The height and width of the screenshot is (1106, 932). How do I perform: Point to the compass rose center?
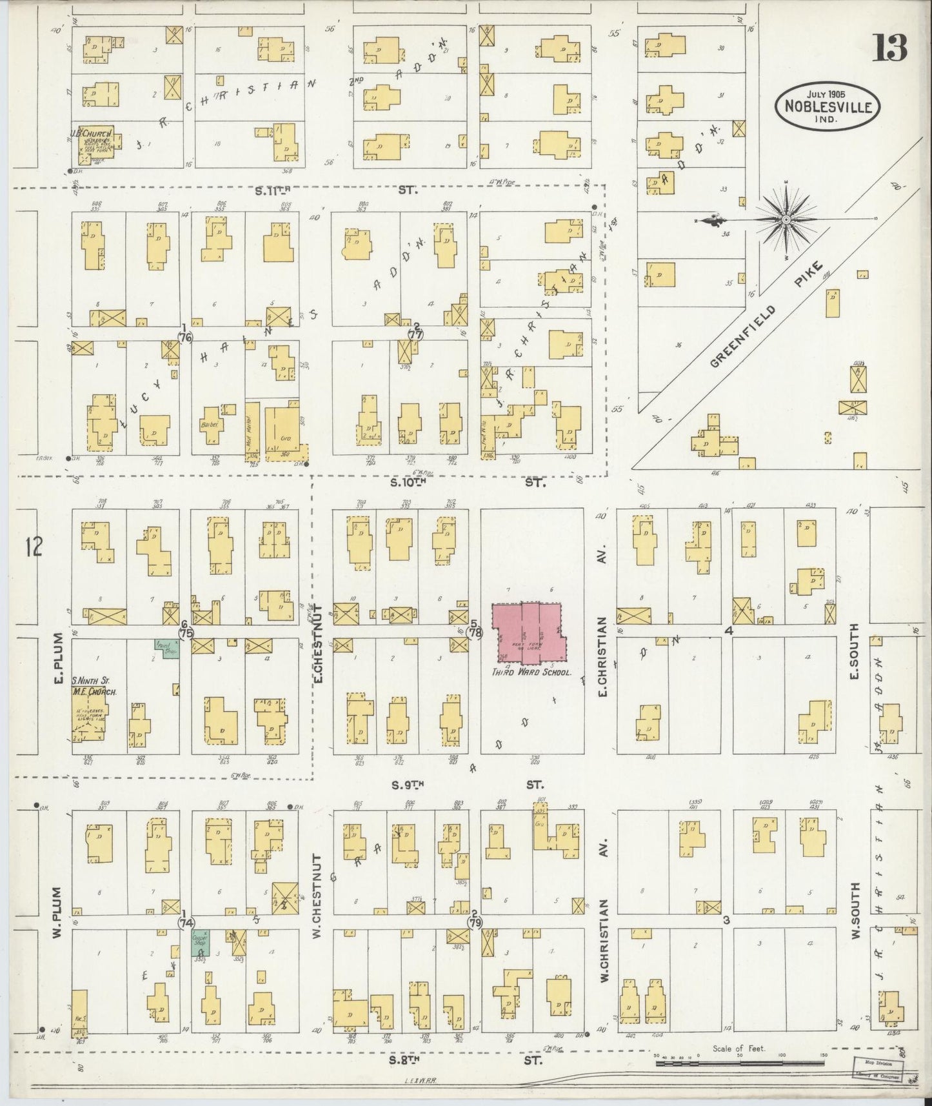click(786, 221)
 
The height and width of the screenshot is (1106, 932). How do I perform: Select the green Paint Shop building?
click(166, 647)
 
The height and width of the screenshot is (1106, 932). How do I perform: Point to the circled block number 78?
click(475, 634)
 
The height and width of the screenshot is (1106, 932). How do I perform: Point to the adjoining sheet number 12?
click(34, 547)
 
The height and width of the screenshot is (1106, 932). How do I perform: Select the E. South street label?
click(855, 658)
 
